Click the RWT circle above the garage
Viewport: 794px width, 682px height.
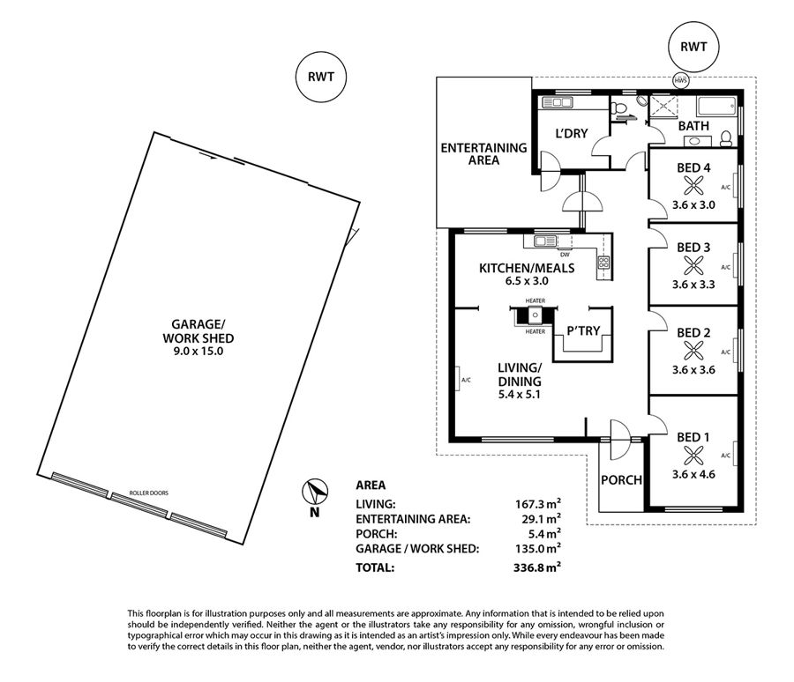tap(321, 77)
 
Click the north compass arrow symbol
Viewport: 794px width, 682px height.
tap(315, 492)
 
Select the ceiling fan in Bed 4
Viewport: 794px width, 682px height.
tap(692, 186)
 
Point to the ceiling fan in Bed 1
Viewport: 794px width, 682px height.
tap(692, 456)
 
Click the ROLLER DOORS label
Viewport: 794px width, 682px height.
tap(148, 493)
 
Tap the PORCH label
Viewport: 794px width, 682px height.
tap(621, 479)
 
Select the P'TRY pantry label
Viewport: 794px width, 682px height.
tap(583, 331)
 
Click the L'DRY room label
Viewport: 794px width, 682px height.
tap(571, 134)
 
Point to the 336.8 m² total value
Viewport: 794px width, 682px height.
tap(536, 567)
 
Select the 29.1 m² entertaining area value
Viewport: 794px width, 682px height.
tap(540, 519)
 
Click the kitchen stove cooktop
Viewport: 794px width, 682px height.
tap(603, 262)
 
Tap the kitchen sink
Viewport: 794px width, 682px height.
tap(545, 241)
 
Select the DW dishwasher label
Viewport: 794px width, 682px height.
tap(564, 255)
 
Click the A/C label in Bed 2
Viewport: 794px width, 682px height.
tap(726, 352)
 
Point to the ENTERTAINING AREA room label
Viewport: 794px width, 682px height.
tap(483, 154)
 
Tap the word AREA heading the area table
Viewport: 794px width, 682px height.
tap(371, 486)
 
